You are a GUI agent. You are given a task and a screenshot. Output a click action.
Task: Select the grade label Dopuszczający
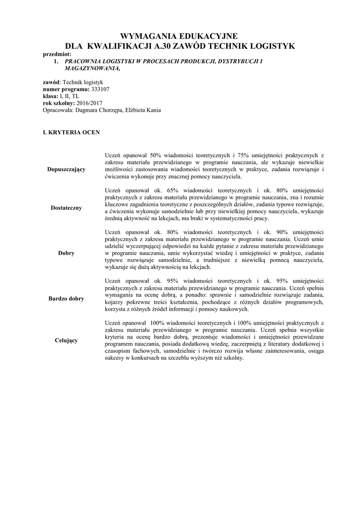coord(66,170)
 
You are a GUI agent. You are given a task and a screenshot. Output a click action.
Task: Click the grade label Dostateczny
coord(66,208)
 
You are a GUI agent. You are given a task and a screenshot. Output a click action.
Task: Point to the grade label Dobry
coord(66,253)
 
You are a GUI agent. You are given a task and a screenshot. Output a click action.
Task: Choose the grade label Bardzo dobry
coord(66,299)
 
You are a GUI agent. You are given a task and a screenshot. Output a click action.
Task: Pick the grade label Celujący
coord(66,340)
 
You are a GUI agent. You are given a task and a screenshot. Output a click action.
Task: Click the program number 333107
coord(100,89)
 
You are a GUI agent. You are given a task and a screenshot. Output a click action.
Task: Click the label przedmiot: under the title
coord(58,54)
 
